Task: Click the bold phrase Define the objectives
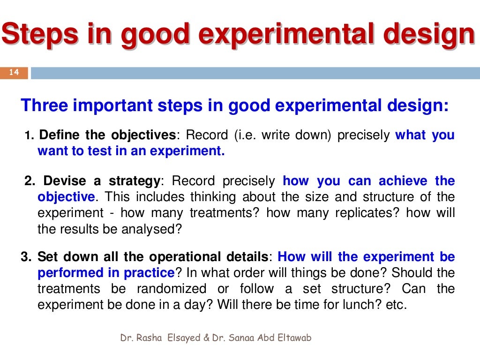(x=107, y=135)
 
